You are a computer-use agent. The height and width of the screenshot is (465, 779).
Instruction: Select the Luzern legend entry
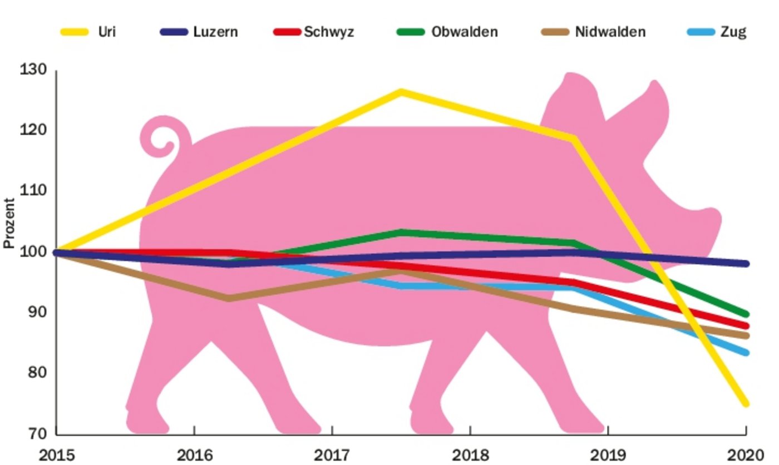[x=215, y=32]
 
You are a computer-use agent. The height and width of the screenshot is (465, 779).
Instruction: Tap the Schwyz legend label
[x=329, y=32]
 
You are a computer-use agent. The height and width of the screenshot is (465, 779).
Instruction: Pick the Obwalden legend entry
[x=465, y=32]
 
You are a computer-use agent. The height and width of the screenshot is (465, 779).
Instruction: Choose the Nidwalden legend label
[x=610, y=32]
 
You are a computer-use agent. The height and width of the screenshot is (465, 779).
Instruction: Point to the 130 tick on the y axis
[x=34, y=71]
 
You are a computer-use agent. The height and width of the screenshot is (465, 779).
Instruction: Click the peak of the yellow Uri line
[x=401, y=92]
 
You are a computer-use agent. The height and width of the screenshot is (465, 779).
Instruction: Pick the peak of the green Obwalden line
[x=401, y=232]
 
